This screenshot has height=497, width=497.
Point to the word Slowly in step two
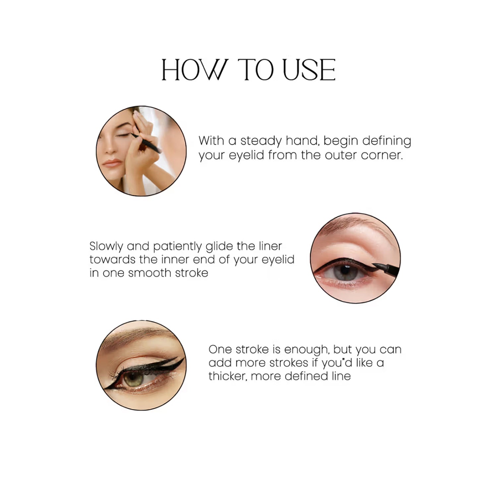(106, 246)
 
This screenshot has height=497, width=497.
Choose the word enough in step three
(307, 350)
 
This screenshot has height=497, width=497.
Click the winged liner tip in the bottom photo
(182, 359)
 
